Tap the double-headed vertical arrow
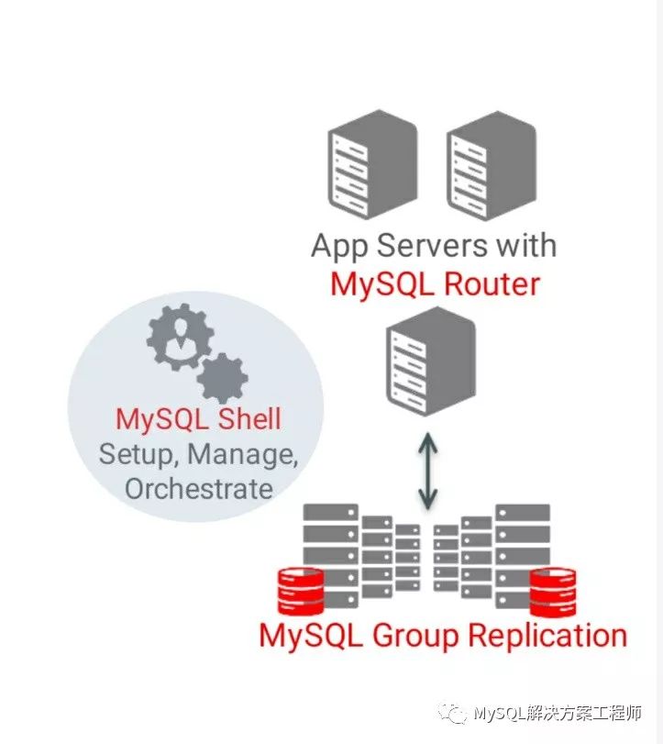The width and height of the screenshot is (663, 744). pyautogui.click(x=428, y=472)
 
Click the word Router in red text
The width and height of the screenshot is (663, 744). pyautogui.click(x=491, y=283)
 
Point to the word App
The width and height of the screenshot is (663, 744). pyautogui.click(x=341, y=247)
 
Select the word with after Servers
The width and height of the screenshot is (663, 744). pyautogui.click(x=524, y=246)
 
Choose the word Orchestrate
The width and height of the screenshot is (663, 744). pyautogui.click(x=199, y=488)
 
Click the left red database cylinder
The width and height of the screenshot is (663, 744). pyautogui.click(x=300, y=592)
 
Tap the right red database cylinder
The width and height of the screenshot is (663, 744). pyautogui.click(x=554, y=592)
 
